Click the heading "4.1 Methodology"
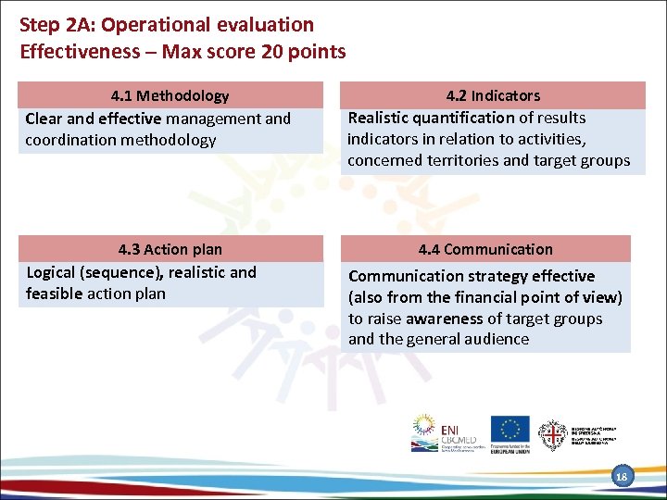point(170,95)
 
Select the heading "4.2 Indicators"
point(493,95)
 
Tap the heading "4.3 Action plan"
point(170,249)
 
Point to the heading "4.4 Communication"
point(485,249)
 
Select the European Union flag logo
point(510,429)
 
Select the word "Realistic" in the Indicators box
point(382,118)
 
